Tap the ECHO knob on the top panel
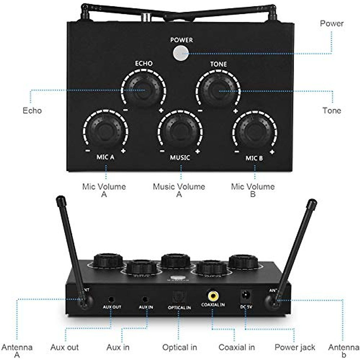point(143,89)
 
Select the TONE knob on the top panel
point(218,90)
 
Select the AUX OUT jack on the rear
point(112,299)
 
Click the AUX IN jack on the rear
point(145,299)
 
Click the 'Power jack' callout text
point(295,347)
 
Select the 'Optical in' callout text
point(179,347)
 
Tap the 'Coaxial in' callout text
point(236,347)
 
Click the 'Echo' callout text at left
point(32,110)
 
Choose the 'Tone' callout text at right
point(331,110)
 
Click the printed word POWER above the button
point(181,40)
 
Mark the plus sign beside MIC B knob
point(272,152)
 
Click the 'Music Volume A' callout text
point(179,190)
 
